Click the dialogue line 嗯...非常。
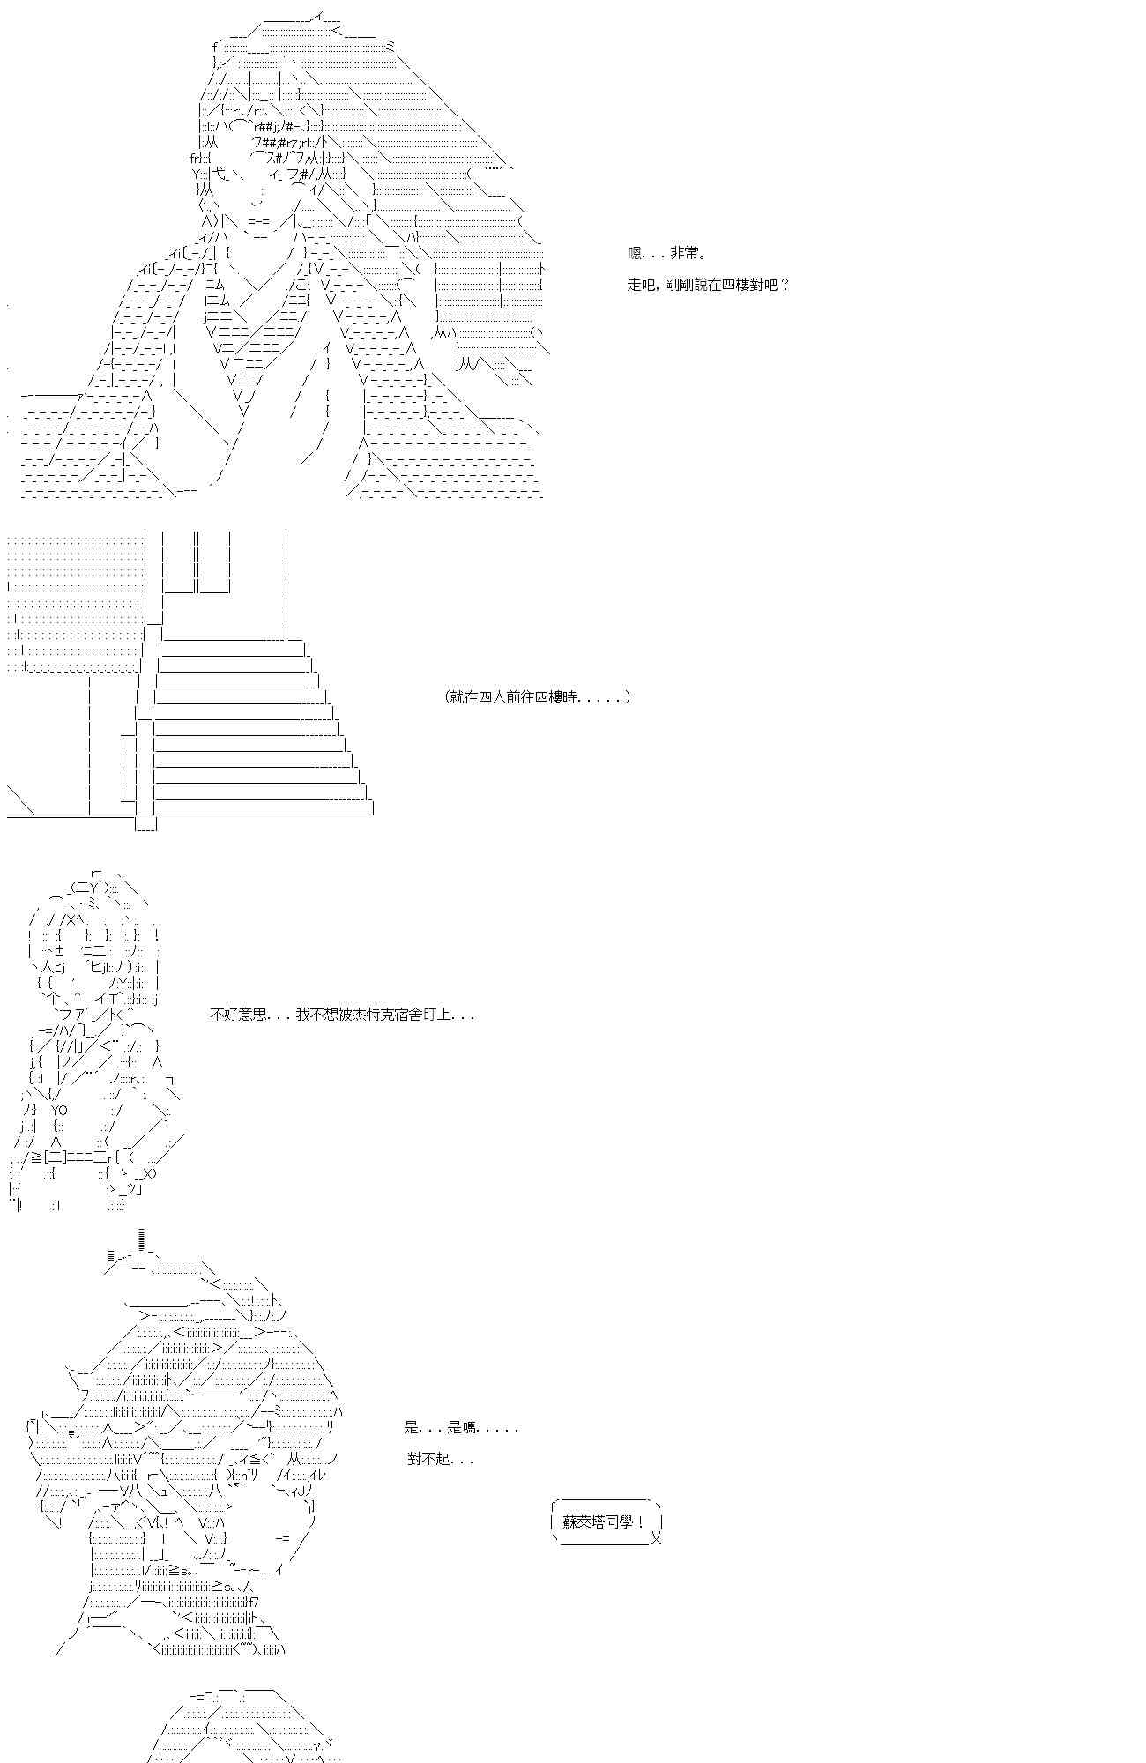(x=666, y=254)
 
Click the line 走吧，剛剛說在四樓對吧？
(x=709, y=286)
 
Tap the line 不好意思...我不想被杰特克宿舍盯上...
(x=342, y=1015)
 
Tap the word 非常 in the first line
(x=684, y=254)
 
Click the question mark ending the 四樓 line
(x=785, y=286)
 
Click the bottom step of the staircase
(x=263, y=808)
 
